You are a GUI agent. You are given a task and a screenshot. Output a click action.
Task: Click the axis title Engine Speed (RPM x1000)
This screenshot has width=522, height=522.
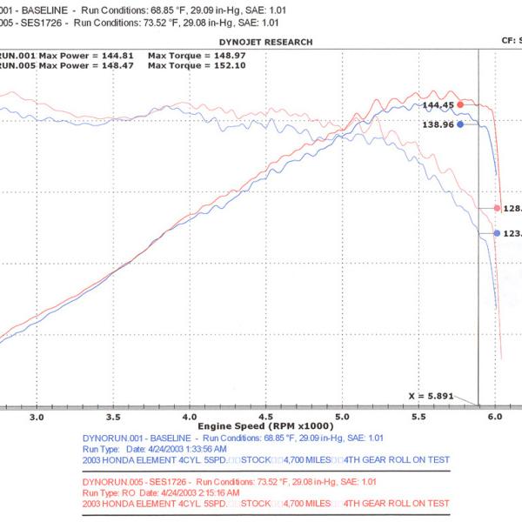[x=264, y=426]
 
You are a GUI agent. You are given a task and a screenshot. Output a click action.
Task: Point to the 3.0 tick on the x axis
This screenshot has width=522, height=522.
[x=37, y=417]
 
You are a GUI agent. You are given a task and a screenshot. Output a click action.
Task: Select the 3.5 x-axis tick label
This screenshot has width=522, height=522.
[x=112, y=417]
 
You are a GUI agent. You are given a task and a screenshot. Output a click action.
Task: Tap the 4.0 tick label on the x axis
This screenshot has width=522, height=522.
[x=189, y=417]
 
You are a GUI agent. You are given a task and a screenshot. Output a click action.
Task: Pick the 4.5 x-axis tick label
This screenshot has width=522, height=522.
[x=265, y=417]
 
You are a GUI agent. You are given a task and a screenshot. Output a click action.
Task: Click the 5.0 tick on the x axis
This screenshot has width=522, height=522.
[x=341, y=417]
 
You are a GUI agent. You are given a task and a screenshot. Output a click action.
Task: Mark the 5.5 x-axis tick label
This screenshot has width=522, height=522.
[x=418, y=417]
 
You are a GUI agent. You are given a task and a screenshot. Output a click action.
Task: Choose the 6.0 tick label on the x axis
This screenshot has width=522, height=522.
[x=495, y=417]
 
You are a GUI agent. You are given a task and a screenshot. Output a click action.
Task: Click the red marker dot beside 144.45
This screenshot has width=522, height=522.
[x=460, y=104]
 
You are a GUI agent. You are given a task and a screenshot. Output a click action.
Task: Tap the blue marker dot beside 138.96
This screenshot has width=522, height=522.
[x=460, y=124]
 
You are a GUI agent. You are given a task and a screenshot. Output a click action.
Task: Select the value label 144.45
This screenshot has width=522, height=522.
[x=438, y=104]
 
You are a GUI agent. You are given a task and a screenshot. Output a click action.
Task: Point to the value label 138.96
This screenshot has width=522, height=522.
[x=438, y=124]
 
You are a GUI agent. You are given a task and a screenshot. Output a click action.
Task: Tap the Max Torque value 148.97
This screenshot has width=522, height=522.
[x=209, y=54]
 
